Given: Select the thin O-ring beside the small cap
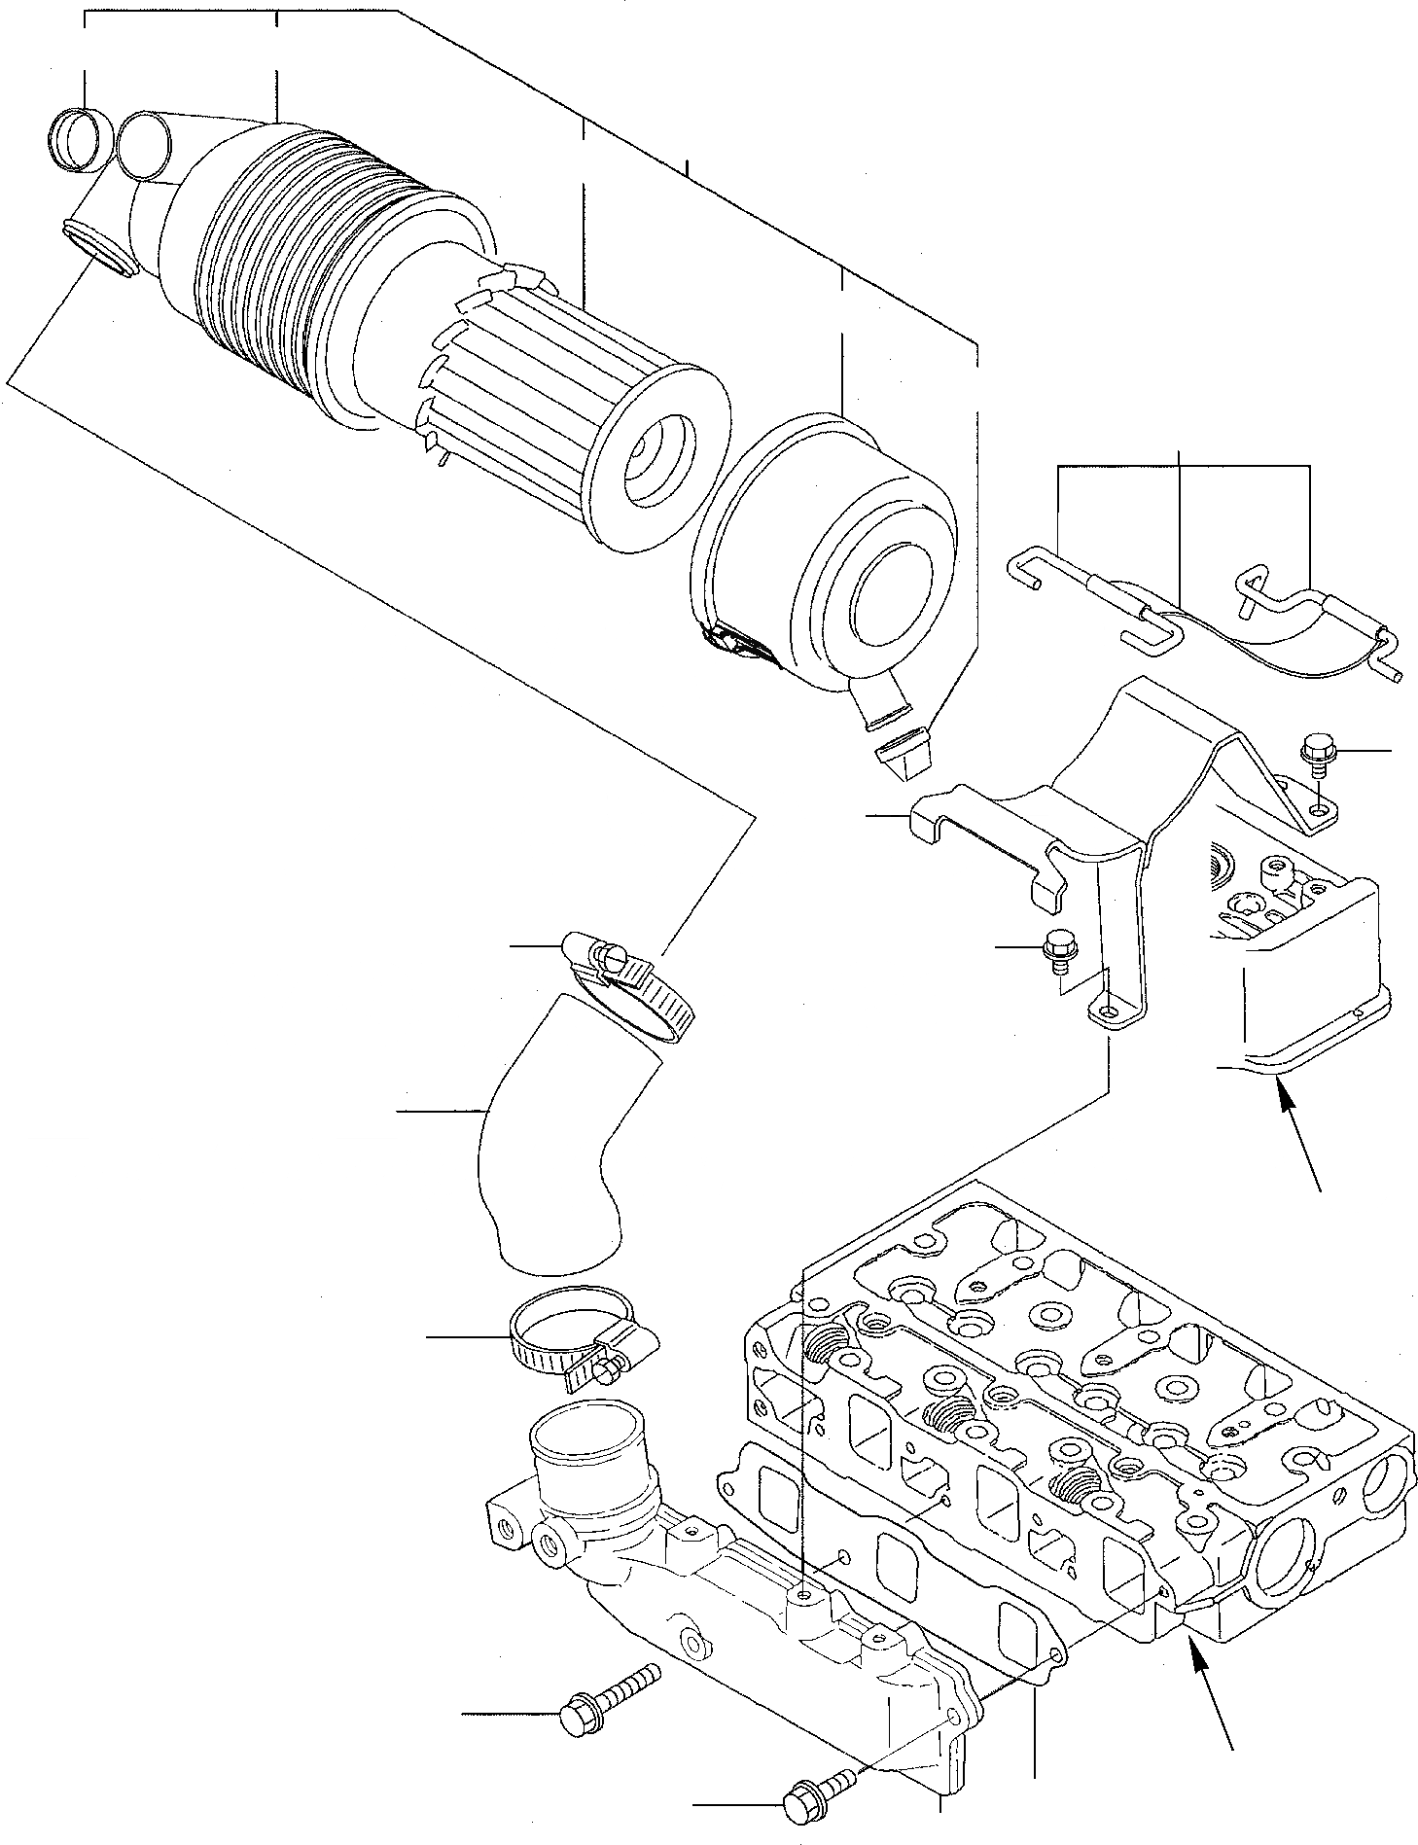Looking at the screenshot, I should click(145, 145).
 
